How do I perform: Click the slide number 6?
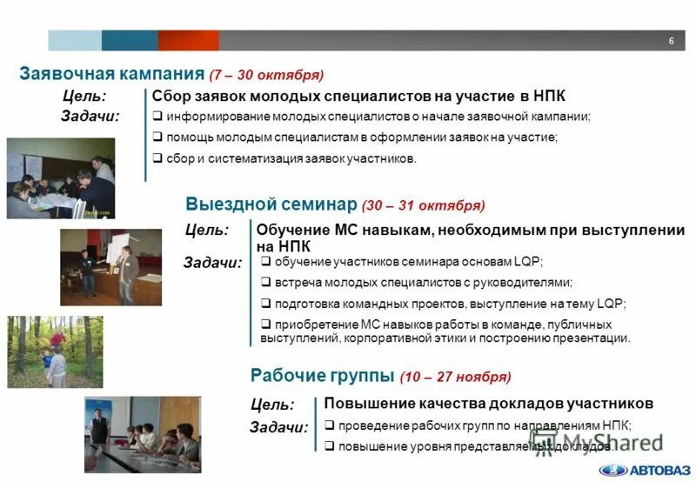tap(671, 42)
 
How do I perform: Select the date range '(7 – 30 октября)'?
tap(266, 75)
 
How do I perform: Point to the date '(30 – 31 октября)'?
tap(423, 206)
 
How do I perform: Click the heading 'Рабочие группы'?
tap(322, 376)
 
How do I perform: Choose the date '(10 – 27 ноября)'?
tap(455, 378)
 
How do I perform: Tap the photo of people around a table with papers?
tap(61, 177)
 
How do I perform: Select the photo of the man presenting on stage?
tap(110, 267)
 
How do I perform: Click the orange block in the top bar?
tap(188, 41)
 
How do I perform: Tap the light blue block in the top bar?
tap(75, 41)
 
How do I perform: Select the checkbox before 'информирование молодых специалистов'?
tap(157, 117)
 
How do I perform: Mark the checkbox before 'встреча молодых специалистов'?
tap(266, 282)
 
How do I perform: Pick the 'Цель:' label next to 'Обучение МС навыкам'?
tap(207, 231)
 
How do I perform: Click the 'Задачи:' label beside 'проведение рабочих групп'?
tap(278, 427)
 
